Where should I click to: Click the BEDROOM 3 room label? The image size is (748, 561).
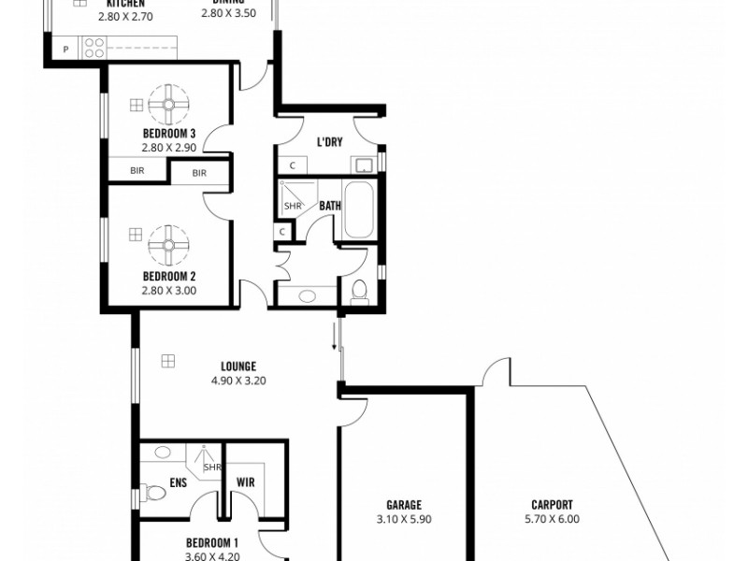click(168, 134)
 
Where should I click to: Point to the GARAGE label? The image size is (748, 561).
click(405, 504)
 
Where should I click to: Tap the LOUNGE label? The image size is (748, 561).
click(238, 367)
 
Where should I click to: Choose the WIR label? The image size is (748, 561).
click(247, 483)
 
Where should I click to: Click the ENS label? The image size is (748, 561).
click(180, 483)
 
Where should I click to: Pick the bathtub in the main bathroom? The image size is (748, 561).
click(359, 211)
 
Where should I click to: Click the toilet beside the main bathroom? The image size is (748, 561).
click(358, 292)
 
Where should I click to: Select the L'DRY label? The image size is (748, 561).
click(328, 143)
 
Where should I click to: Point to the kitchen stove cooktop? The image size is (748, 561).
click(94, 48)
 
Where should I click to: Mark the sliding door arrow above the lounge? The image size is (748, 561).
click(334, 335)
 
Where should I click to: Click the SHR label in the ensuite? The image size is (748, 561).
click(212, 467)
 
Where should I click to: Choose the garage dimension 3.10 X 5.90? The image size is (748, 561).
click(405, 519)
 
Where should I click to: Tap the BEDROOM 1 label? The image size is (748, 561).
click(212, 542)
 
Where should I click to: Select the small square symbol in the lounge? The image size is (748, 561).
click(168, 359)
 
